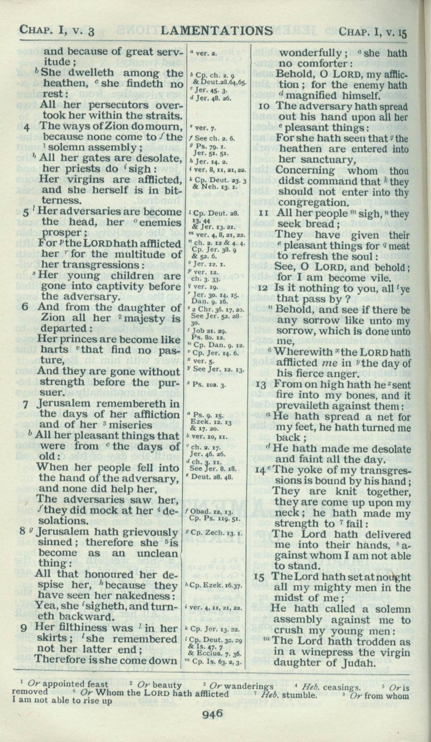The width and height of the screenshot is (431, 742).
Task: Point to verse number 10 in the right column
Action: tap(265, 106)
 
